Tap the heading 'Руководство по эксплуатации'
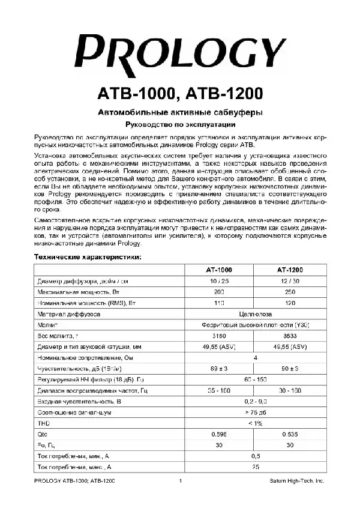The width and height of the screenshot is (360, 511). [179, 125]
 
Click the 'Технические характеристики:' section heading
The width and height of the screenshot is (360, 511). [88, 257]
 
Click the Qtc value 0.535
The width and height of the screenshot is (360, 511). [290, 434]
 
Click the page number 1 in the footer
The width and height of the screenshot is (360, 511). [180, 481]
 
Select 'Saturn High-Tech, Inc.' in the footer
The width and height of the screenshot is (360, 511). [296, 481]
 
